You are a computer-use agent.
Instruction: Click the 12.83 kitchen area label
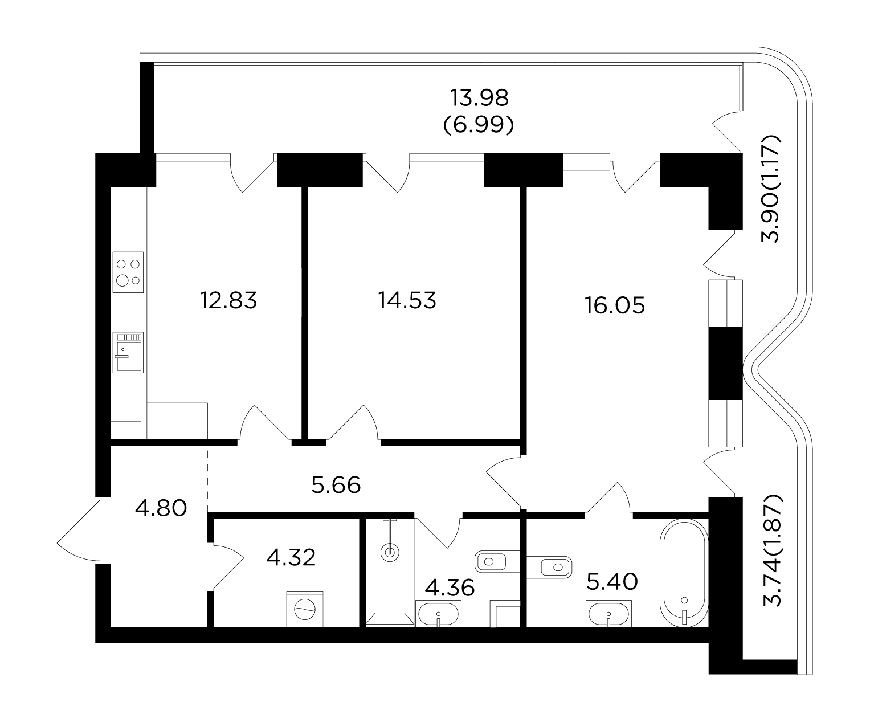tap(228, 300)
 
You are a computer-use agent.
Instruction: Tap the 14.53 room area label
tap(407, 300)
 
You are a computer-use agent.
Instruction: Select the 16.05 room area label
tap(615, 305)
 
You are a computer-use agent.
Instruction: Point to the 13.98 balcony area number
tap(479, 98)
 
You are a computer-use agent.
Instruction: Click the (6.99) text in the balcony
tap(479, 125)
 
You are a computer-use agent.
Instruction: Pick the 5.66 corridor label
tap(336, 485)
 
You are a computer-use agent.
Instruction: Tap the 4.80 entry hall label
tap(161, 508)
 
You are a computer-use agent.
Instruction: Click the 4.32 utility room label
tap(291, 558)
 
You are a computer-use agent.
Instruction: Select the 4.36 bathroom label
tap(450, 588)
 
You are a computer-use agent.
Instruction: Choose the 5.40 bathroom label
tap(612, 582)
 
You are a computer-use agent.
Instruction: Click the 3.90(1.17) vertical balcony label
tap(770, 189)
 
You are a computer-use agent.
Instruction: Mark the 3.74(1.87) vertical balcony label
tap(771, 550)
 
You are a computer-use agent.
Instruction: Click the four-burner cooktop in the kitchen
tap(128, 272)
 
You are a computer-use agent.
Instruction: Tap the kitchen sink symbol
tap(128, 352)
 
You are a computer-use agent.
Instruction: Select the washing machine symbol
tap(305, 609)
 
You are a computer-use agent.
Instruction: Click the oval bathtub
tap(684, 573)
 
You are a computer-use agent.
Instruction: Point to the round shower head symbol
tap(390, 553)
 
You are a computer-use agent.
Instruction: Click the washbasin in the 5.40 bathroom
tap(608, 614)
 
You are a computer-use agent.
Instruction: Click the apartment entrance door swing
tap(78, 530)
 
